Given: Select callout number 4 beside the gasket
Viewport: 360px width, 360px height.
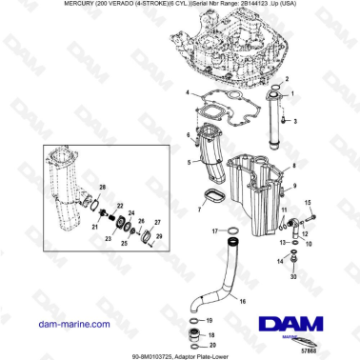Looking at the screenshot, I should pos(189,94).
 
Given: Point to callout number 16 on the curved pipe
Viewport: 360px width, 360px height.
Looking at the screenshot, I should pos(242,301).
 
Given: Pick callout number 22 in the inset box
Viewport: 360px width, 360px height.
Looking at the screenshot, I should pos(118,206).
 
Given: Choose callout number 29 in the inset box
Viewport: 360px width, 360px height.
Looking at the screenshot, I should pos(159,235).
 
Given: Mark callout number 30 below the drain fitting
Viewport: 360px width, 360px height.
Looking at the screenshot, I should pos(292,275).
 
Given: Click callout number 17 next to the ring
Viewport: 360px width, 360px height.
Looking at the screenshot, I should pos(215,230).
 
